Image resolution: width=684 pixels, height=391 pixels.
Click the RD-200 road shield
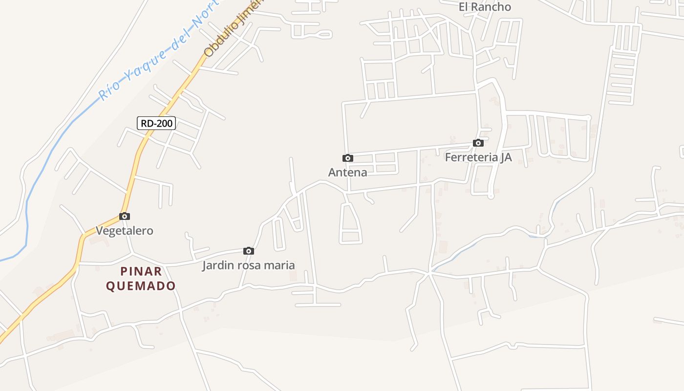click(x=156, y=123)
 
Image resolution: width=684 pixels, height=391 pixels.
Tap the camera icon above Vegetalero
click(x=125, y=216)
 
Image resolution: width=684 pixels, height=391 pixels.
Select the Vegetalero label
click(x=125, y=231)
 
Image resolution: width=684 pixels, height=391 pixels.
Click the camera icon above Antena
click(x=347, y=158)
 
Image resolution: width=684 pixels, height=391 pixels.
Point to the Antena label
click(x=347, y=172)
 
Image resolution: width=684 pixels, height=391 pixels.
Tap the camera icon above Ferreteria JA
click(x=478, y=143)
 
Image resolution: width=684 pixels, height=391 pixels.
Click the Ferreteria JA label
click(x=478, y=157)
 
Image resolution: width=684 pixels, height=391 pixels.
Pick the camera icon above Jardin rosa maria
click(x=249, y=251)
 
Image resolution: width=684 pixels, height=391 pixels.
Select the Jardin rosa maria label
click(x=249, y=265)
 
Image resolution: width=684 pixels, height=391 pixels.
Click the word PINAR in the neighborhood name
click(x=141, y=271)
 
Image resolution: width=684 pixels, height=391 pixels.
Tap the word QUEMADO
click(x=141, y=286)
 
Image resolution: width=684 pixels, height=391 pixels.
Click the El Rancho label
click(x=485, y=7)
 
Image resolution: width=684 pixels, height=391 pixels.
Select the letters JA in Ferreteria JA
click(x=506, y=157)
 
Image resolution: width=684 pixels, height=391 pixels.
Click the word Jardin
click(x=218, y=265)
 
